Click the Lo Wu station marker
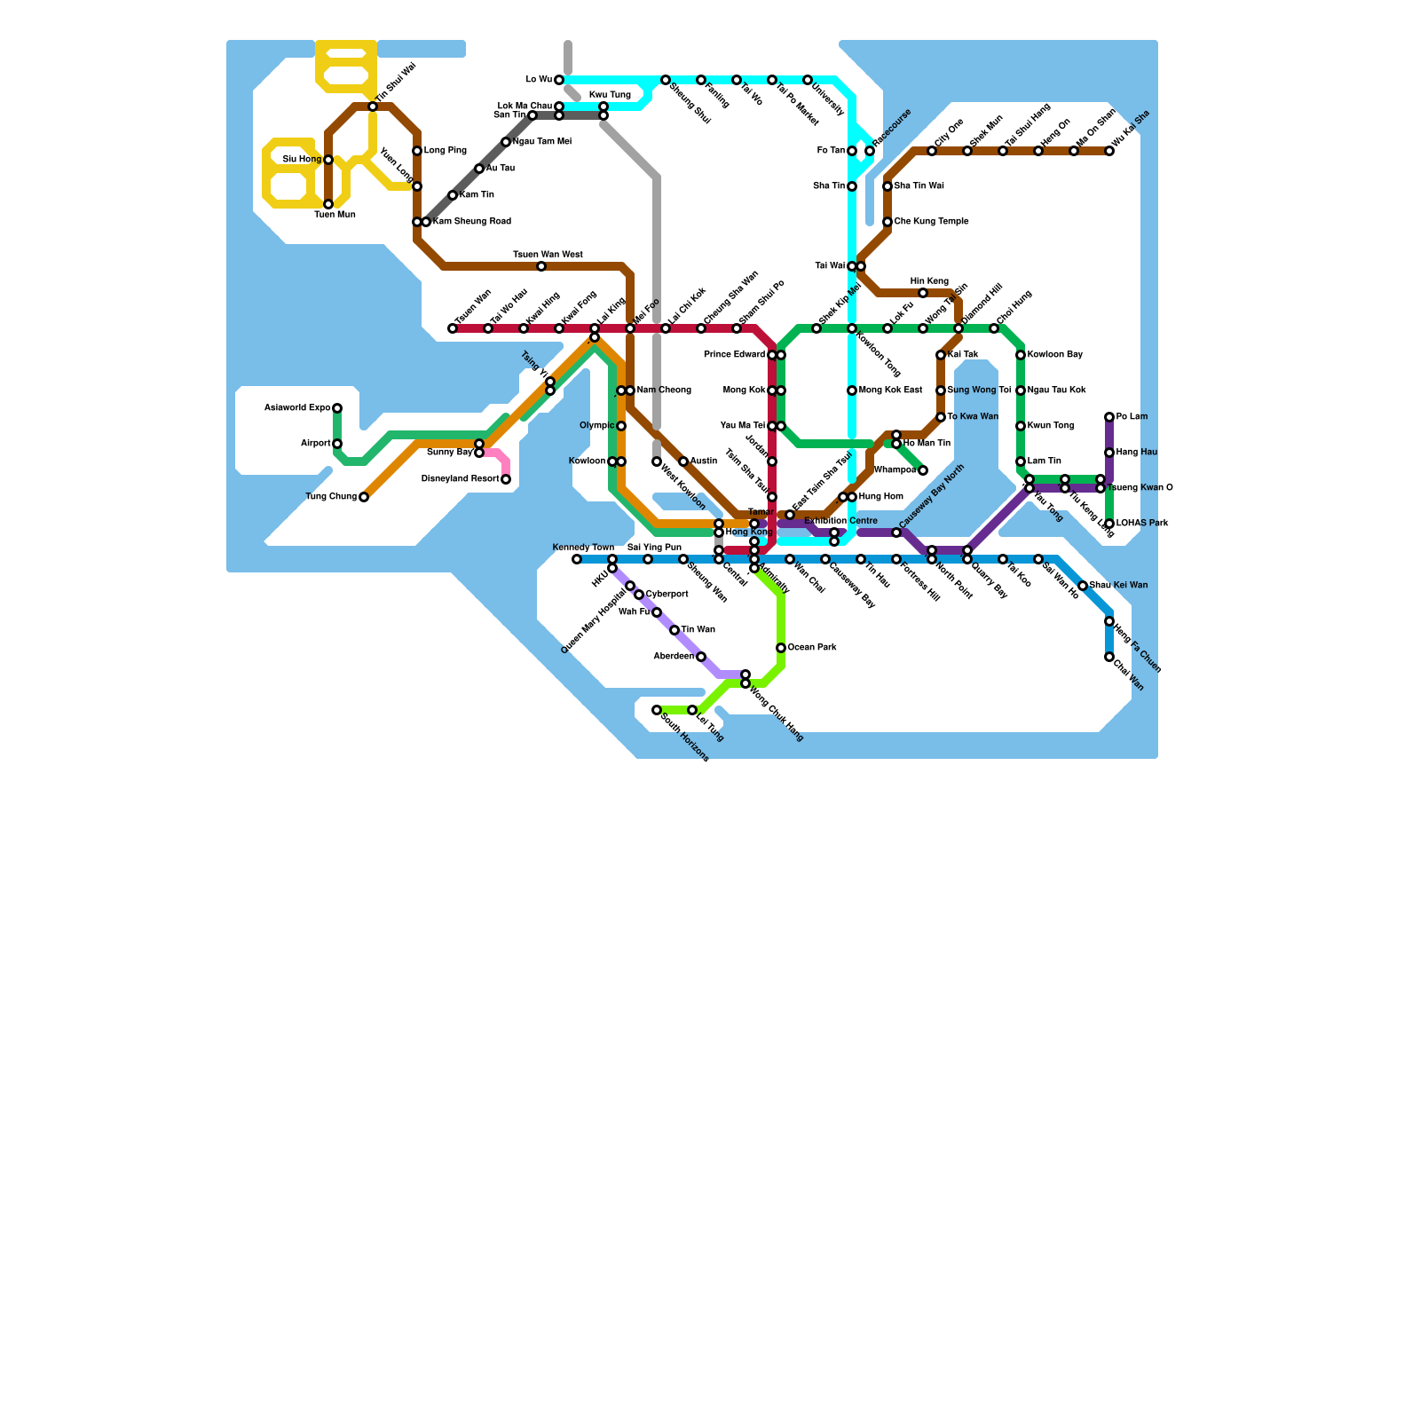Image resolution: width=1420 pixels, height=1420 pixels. point(559,80)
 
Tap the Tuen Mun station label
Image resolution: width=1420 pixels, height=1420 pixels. point(335,215)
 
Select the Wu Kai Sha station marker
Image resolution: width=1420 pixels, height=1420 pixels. point(1109,151)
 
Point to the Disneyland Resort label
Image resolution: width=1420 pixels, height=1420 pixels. point(460,479)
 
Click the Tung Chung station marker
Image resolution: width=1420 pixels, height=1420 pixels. point(364,497)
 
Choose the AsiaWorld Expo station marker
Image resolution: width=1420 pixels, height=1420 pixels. point(337,408)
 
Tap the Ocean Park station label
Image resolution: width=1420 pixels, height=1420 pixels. point(812,648)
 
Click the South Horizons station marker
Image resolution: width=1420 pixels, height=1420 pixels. point(657,710)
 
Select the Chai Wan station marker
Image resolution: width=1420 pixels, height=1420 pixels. point(1109,657)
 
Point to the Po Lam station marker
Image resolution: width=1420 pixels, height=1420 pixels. point(1109,417)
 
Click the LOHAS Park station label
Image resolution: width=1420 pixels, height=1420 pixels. point(1143,524)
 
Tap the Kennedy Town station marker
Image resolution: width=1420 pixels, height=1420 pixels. point(577,559)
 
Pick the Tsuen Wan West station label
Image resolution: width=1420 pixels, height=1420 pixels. point(548,255)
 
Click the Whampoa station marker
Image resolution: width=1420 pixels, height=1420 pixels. point(923,470)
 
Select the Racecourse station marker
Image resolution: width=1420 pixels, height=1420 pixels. point(870,151)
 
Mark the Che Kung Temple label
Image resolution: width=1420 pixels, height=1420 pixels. point(931,222)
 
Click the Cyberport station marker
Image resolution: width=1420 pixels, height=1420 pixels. point(639,595)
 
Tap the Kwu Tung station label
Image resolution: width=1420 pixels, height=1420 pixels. point(610,95)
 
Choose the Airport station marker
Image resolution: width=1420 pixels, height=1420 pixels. point(337,444)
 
